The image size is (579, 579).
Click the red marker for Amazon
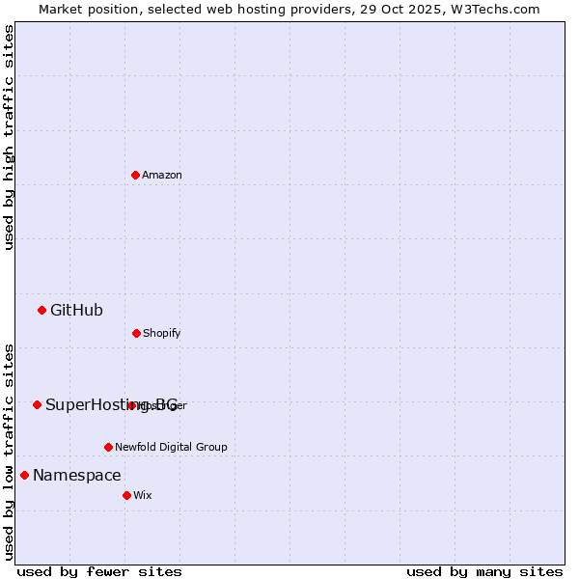pyautogui.click(x=135, y=175)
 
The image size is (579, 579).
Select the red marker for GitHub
pyautogui.click(x=41, y=310)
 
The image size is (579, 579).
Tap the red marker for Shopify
pyautogui.click(x=136, y=333)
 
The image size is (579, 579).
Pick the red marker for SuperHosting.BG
pyautogui.click(x=37, y=404)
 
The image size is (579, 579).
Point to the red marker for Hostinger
pyautogui.click(x=131, y=405)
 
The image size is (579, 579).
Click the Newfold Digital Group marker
pyautogui.click(x=108, y=447)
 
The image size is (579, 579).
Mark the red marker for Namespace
pyautogui.click(x=24, y=475)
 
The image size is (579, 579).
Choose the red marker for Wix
pyautogui.click(x=126, y=495)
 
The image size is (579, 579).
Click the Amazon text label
pyautogui.click(x=162, y=175)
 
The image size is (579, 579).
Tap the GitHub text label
pyautogui.click(x=76, y=310)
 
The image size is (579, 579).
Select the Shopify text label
pyautogui.click(x=162, y=333)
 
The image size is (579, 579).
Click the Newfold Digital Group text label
pyautogui.click(x=171, y=447)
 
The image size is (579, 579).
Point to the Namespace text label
pyautogui.click(x=77, y=475)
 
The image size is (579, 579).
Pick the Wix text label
pyautogui.click(x=143, y=495)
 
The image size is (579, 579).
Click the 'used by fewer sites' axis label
pyautogui.click(x=99, y=571)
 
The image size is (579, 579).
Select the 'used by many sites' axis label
pyautogui.click(x=484, y=571)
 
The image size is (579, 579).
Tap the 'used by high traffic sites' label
pyautogui.click(x=9, y=137)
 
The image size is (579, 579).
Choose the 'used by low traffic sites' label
pyautogui.click(x=9, y=452)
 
